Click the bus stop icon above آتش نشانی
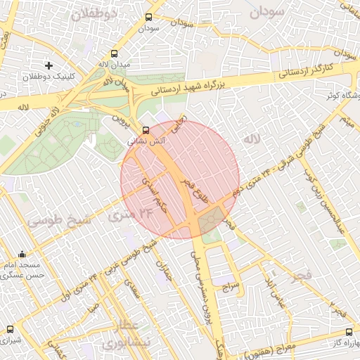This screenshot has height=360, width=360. [x=146, y=130]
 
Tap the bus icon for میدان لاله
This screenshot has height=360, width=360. [x=115, y=53]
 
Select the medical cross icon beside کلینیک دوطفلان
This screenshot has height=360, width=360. [x=48, y=65]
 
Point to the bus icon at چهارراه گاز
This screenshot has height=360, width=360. [x=349, y=333]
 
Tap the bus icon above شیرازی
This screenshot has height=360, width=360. [x=10, y=328]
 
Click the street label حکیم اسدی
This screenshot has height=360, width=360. [x=153, y=187]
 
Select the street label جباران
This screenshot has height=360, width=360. [x=162, y=271]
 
